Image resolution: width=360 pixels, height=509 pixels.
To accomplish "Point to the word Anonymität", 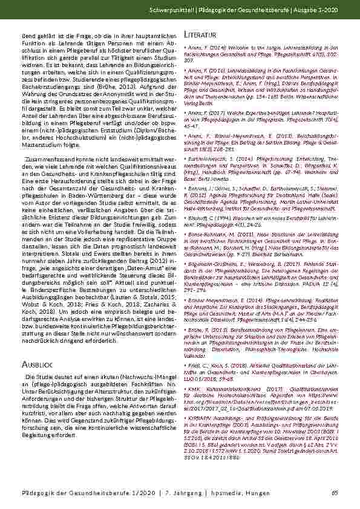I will (x=111, y=91).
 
